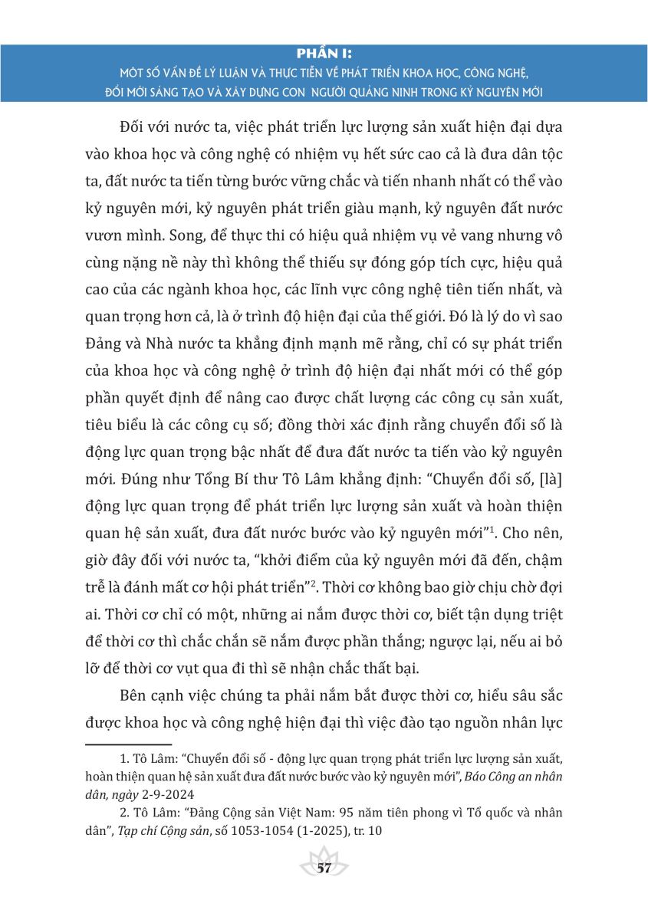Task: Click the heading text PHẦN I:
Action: click(323, 53)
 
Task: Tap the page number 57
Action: click(324, 868)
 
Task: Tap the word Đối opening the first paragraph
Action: click(135, 123)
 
